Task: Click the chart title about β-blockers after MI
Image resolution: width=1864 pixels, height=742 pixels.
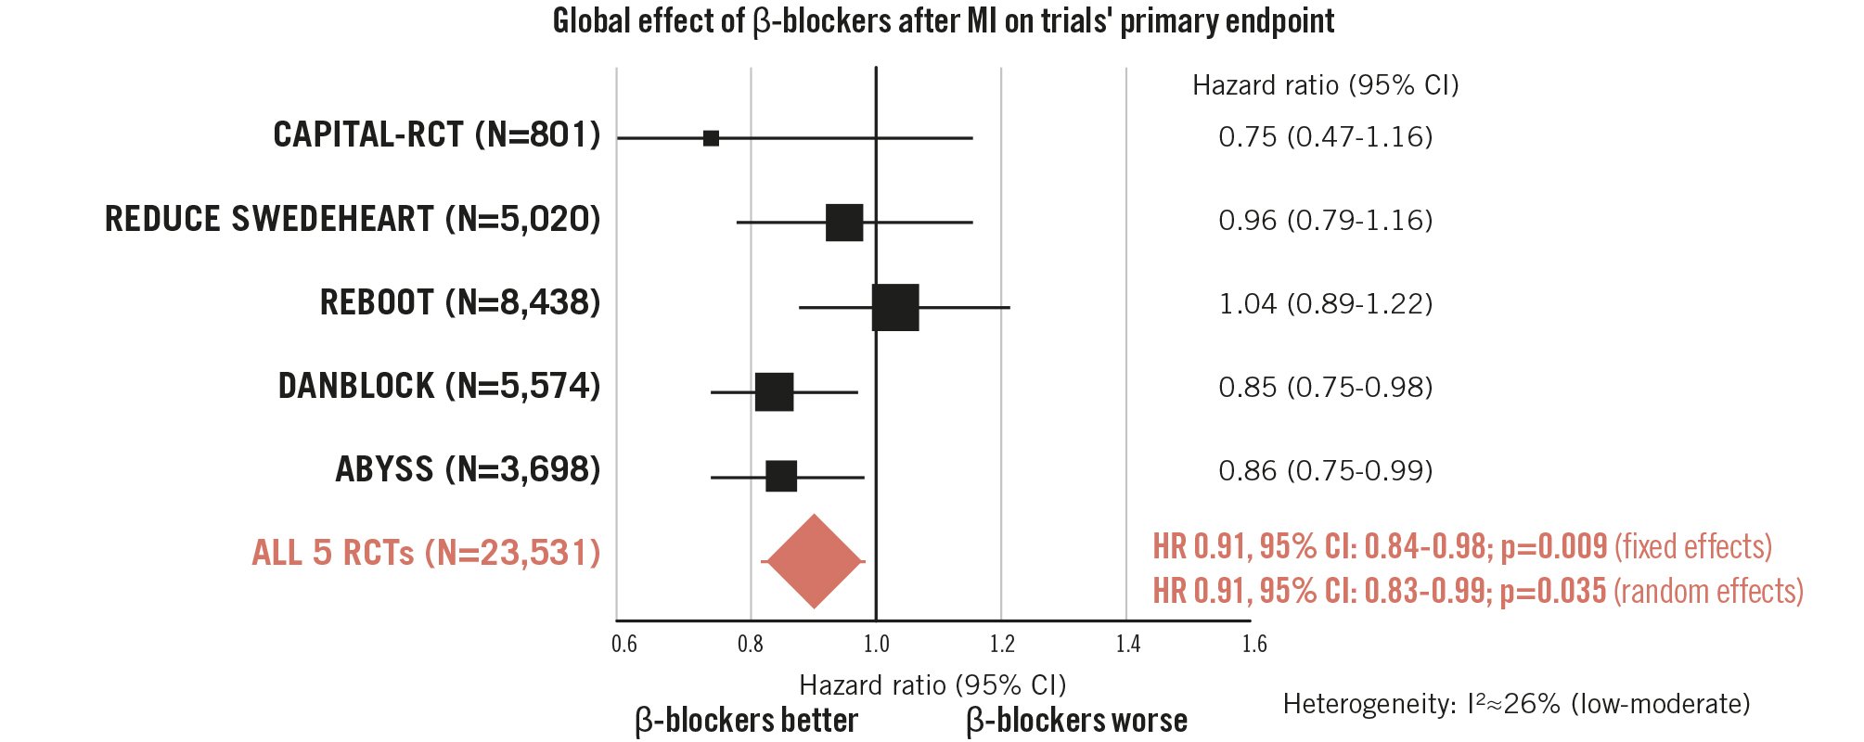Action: tap(943, 20)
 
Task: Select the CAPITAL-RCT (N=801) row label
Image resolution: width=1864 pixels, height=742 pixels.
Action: tap(436, 135)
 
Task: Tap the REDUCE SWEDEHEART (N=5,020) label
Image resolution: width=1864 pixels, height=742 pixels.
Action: tap(353, 219)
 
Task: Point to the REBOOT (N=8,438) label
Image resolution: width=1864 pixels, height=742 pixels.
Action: tap(460, 302)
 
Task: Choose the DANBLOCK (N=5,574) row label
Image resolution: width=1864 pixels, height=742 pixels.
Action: tap(439, 386)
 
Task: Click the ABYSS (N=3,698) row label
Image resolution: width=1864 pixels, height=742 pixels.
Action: tap(468, 469)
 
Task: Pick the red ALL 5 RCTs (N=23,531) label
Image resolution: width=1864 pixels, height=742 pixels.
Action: tap(426, 553)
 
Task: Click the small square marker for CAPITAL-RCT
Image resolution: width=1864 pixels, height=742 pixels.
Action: tap(711, 138)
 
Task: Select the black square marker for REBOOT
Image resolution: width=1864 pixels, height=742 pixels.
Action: tap(895, 308)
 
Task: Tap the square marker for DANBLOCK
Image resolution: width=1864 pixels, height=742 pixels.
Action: tap(774, 392)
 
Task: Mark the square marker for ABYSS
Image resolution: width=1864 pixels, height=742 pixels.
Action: tap(781, 476)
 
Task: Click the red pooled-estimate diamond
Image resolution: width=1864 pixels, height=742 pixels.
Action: tap(814, 561)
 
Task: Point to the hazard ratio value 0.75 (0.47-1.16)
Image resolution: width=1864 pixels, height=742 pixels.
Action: tap(1325, 137)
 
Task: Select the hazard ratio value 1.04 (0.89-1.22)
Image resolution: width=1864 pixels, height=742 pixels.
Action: tap(1325, 304)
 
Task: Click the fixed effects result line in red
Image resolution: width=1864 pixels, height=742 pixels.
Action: tap(1461, 546)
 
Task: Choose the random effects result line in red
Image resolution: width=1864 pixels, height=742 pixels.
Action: tap(1477, 591)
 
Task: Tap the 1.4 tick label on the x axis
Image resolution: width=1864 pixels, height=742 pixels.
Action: tap(1128, 644)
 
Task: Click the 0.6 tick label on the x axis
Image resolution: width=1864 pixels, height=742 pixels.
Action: tap(624, 644)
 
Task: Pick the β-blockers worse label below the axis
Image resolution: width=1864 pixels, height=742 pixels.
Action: tap(1076, 721)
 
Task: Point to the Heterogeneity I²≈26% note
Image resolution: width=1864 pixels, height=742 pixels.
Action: tap(1516, 704)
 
